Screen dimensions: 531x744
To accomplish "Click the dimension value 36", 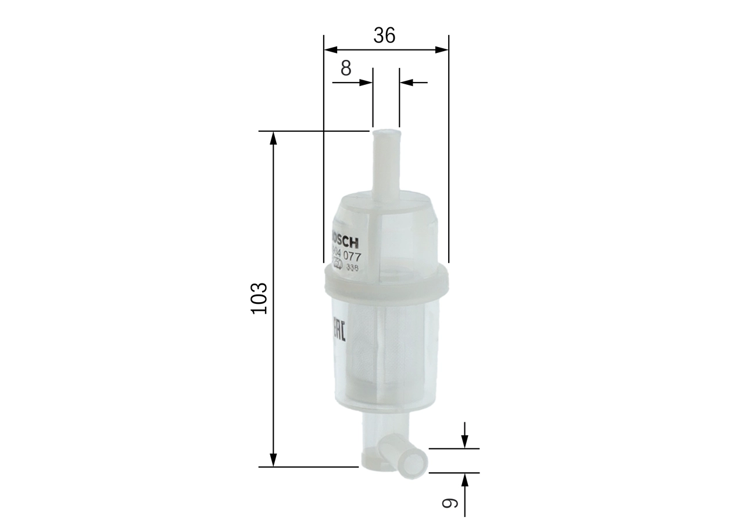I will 384,36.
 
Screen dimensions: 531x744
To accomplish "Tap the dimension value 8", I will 346,69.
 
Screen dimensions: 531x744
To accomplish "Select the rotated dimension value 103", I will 259,299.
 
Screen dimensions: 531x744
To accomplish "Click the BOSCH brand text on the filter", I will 344,239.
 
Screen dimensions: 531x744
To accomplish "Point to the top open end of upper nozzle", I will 386,132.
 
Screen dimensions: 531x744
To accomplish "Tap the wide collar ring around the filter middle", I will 386,281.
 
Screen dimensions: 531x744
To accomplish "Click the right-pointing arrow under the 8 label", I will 366,82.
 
